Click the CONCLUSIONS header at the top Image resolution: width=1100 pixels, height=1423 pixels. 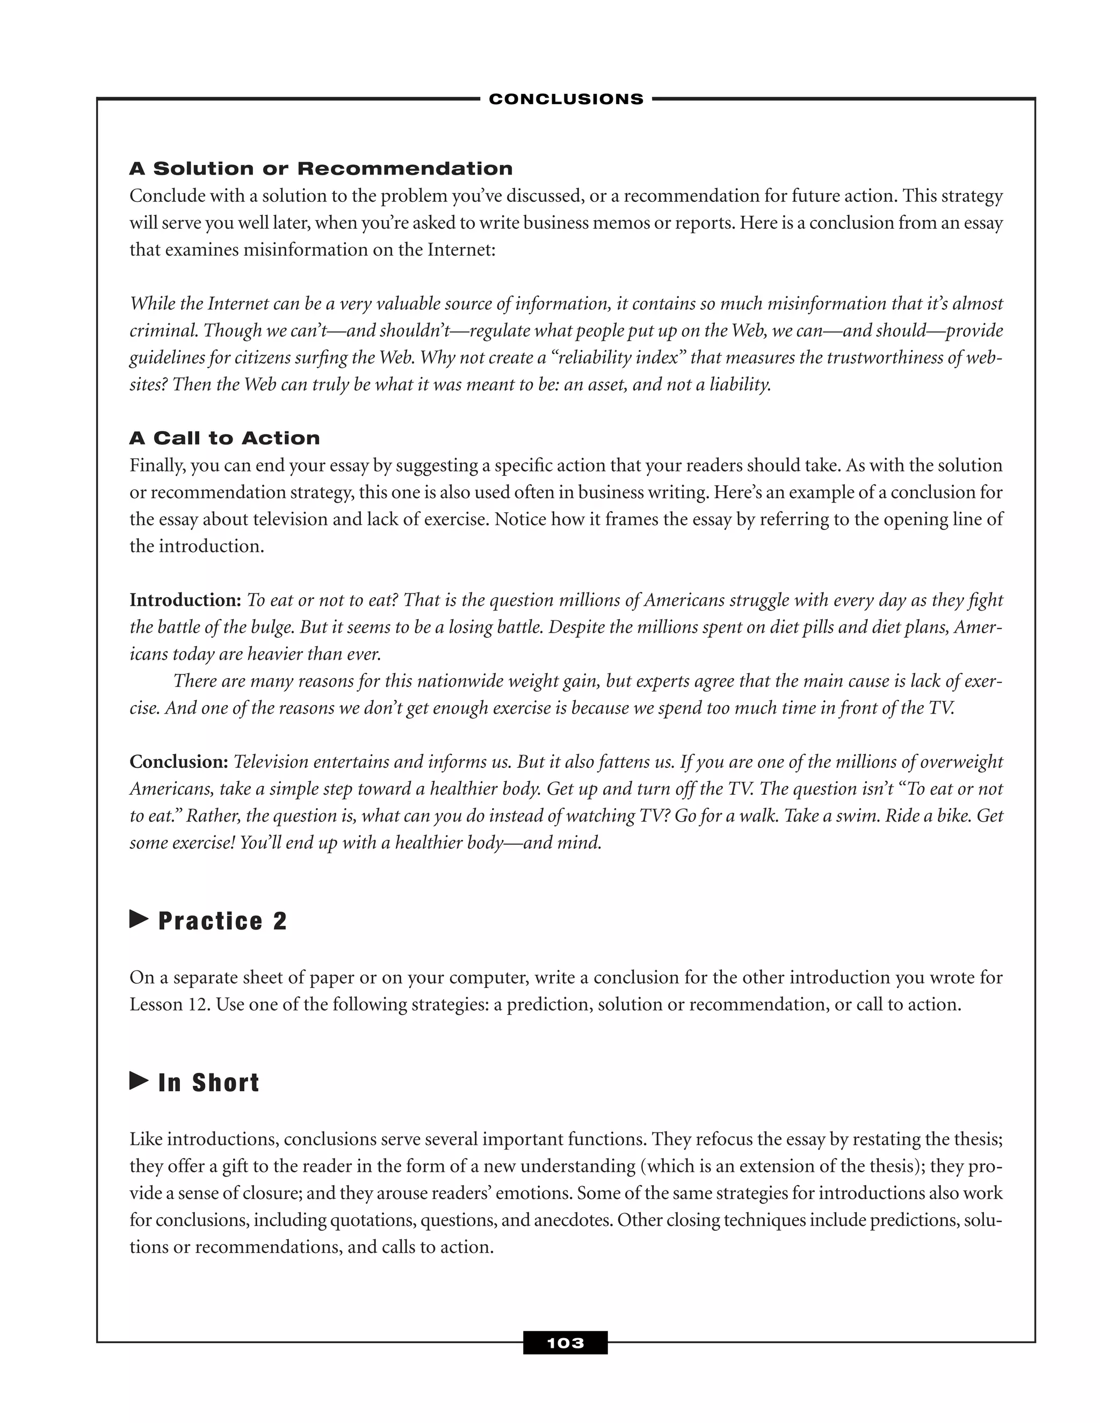pyautogui.click(x=566, y=99)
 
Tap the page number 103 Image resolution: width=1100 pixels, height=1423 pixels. pyautogui.click(x=565, y=1343)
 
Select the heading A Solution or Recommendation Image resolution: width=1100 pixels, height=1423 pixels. pyautogui.click(x=321, y=169)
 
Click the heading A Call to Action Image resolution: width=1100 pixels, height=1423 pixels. pyautogui.click(x=225, y=438)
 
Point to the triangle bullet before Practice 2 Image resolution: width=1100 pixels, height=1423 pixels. pyautogui.click(x=139, y=919)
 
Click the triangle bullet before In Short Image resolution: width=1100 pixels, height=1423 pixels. pyautogui.click(x=139, y=1081)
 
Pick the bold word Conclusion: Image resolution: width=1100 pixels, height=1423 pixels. pyautogui.click(x=178, y=761)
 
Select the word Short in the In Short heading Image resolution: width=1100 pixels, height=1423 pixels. pyautogui.click(x=226, y=1083)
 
